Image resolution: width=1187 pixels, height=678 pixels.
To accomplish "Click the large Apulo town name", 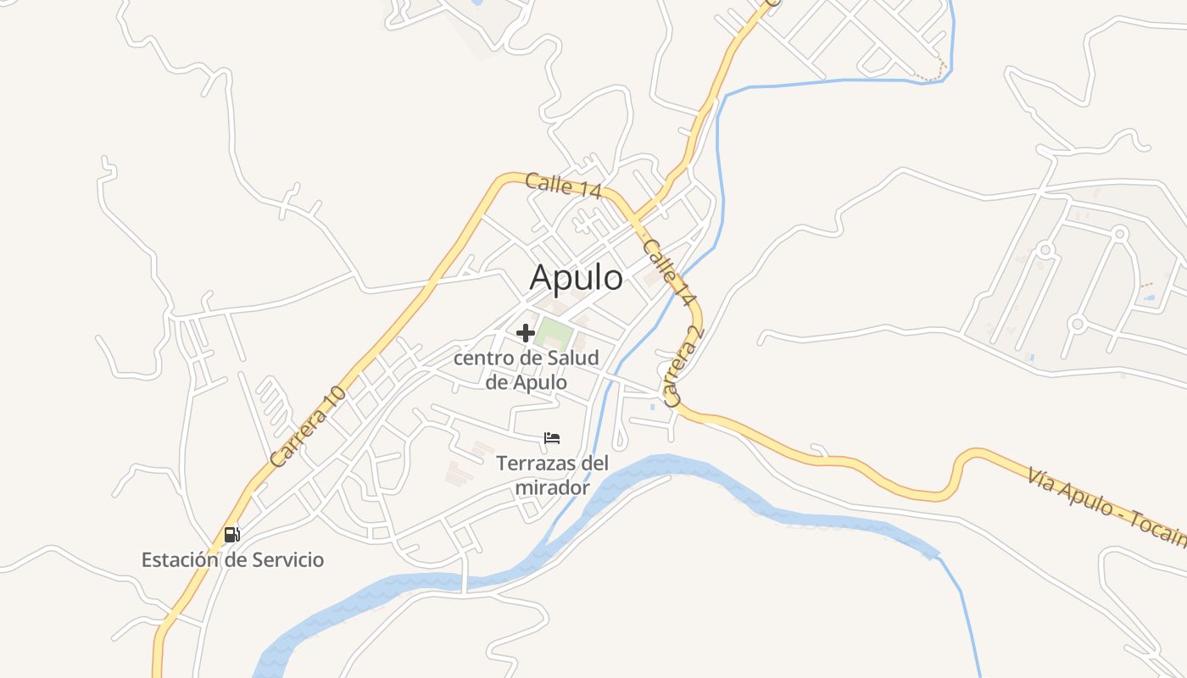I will point(576,277).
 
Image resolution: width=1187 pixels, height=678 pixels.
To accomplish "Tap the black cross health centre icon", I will point(526,333).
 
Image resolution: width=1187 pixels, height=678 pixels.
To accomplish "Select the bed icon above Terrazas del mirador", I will point(552,438).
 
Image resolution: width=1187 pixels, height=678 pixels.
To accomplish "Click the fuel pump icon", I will point(231,534).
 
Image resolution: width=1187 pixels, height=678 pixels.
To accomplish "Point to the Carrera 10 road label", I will point(309,426).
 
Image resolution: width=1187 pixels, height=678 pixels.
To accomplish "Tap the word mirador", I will point(552,488).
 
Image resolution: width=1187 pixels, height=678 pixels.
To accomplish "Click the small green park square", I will point(553,334).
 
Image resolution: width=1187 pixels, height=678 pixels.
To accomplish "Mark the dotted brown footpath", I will point(933,75).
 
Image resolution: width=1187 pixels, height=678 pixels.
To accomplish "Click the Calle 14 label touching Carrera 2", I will point(669,273).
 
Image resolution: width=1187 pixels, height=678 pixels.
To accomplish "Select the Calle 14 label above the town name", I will point(563,186).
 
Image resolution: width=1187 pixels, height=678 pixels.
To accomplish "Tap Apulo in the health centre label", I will point(540,382).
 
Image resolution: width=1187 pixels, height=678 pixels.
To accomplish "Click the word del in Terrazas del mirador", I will point(596,464).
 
